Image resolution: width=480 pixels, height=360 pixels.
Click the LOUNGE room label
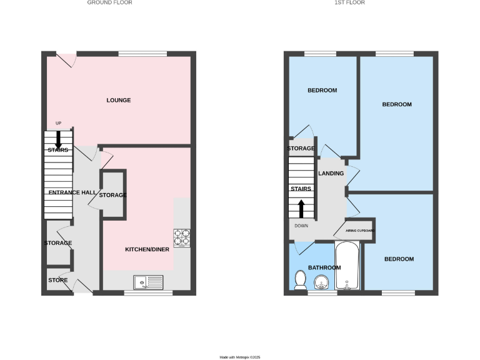(x=119, y=100)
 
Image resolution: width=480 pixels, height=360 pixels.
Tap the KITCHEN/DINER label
(x=147, y=249)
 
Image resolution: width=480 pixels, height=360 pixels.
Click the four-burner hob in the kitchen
(x=182, y=237)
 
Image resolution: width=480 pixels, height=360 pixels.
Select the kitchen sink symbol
(x=148, y=282)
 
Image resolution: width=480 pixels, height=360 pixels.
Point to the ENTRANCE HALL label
(x=71, y=192)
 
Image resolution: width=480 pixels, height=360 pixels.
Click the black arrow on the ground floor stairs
(x=59, y=138)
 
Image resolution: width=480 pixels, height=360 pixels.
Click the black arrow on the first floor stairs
(x=301, y=207)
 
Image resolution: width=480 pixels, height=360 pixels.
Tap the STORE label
(x=58, y=280)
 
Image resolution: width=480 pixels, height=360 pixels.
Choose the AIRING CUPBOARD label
(x=356, y=231)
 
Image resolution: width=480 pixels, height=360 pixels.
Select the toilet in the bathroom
(x=300, y=281)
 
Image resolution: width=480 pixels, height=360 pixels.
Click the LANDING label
(x=330, y=173)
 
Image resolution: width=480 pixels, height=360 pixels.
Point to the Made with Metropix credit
(x=239, y=357)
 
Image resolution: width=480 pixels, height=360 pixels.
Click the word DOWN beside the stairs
(x=302, y=226)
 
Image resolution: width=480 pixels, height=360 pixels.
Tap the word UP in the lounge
(x=59, y=122)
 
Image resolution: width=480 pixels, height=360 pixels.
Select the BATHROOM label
(x=324, y=267)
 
